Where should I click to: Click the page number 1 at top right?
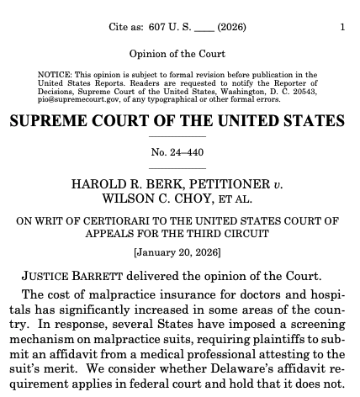pyautogui.click(x=342, y=27)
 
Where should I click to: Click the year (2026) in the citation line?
pyautogui.click(x=230, y=27)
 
